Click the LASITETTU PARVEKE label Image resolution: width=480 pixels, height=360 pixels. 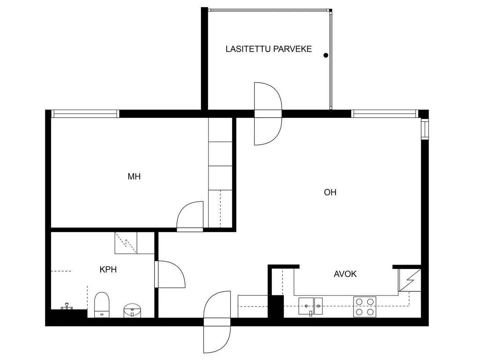point(269,49)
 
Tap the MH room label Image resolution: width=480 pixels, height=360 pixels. point(134,176)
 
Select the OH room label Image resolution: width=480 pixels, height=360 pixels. point(330,192)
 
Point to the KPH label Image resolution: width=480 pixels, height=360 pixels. point(108,270)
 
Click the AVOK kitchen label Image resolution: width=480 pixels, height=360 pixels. point(345,274)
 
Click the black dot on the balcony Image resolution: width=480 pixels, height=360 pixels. point(326,55)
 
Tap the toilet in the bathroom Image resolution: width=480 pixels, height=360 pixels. point(102,305)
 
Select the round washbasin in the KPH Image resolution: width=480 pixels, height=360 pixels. point(132,310)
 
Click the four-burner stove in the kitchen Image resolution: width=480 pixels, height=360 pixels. point(365,307)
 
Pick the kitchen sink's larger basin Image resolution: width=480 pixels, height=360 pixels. point(306,306)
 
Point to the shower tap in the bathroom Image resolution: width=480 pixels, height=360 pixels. point(67,306)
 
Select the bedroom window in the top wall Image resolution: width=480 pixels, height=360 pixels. point(85,114)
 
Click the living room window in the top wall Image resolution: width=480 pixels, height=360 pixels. point(384,114)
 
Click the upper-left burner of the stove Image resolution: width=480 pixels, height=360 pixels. point(359,302)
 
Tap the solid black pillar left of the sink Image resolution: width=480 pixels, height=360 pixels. point(276,306)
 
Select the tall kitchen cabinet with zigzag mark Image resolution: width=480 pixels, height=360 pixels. point(410,280)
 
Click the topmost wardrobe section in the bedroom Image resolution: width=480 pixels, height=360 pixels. point(220,130)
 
